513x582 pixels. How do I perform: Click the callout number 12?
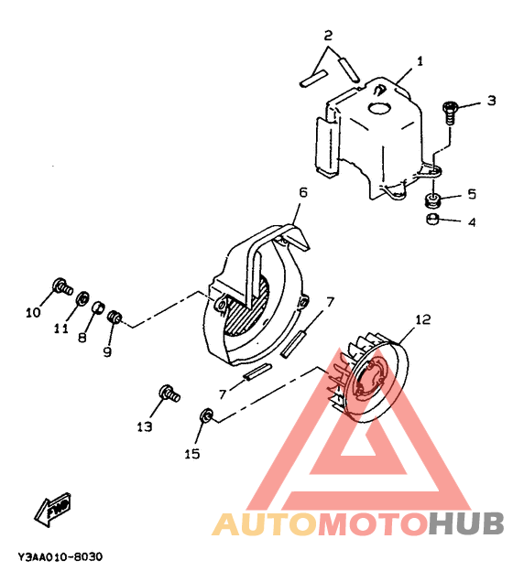point(422,319)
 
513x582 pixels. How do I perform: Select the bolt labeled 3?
point(450,113)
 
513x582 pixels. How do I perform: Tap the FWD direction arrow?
point(53,509)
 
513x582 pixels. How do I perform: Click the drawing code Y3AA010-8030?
point(60,556)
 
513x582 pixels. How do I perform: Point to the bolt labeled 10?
point(62,286)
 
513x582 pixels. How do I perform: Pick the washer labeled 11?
point(82,297)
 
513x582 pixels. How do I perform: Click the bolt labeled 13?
point(169,393)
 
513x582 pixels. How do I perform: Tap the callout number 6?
point(303,193)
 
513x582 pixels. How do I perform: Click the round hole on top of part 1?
point(379,108)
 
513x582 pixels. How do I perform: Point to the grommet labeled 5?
point(432,199)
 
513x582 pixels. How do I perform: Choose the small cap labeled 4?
point(432,219)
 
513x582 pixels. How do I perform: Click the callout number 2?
point(328,36)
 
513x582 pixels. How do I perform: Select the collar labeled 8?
point(98,307)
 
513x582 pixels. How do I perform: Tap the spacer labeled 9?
point(115,318)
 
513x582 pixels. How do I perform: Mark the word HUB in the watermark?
point(466,523)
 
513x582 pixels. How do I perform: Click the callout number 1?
point(420,61)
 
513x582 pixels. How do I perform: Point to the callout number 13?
point(144,426)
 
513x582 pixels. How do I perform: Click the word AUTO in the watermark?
point(264,523)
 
